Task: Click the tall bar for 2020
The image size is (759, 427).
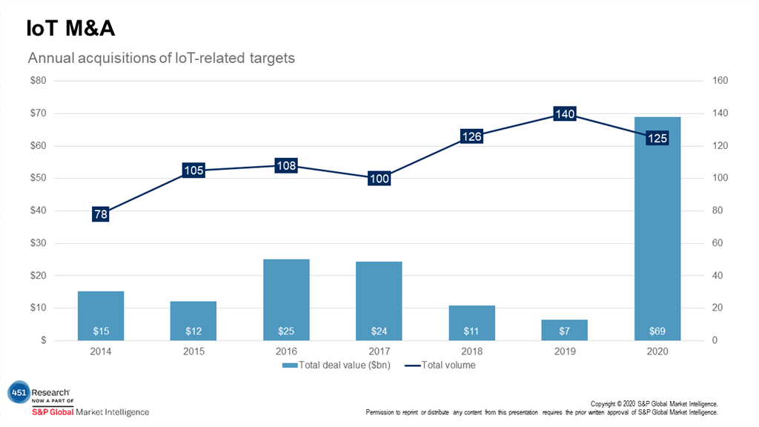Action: click(x=657, y=222)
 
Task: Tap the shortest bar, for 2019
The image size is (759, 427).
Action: click(x=565, y=330)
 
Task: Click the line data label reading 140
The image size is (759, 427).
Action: click(x=565, y=114)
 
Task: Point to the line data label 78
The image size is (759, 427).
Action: click(x=101, y=214)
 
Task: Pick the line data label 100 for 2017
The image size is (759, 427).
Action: click(x=379, y=179)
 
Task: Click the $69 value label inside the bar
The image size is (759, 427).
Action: click(x=657, y=331)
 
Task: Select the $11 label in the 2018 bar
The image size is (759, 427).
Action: click(x=471, y=331)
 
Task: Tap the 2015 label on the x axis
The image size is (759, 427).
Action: click(x=193, y=351)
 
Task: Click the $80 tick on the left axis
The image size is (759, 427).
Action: click(x=37, y=81)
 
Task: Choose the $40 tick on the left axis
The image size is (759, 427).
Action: click(x=37, y=211)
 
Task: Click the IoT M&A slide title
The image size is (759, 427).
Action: click(x=70, y=28)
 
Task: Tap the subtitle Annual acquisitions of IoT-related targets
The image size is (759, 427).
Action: click(x=161, y=58)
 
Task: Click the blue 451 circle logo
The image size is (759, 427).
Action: click(x=18, y=394)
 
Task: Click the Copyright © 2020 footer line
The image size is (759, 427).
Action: click(x=654, y=404)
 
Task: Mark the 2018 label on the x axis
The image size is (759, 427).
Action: click(x=471, y=351)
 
